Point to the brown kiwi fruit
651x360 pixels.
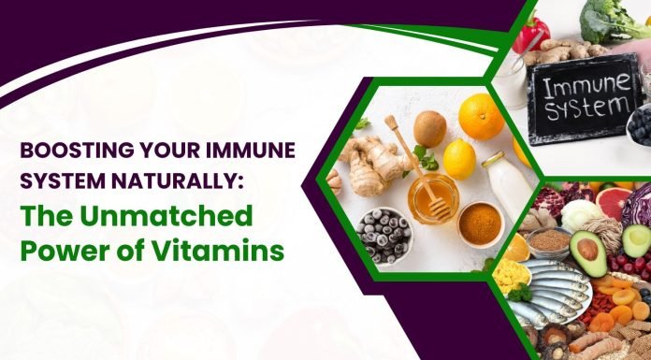coord(429,127)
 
